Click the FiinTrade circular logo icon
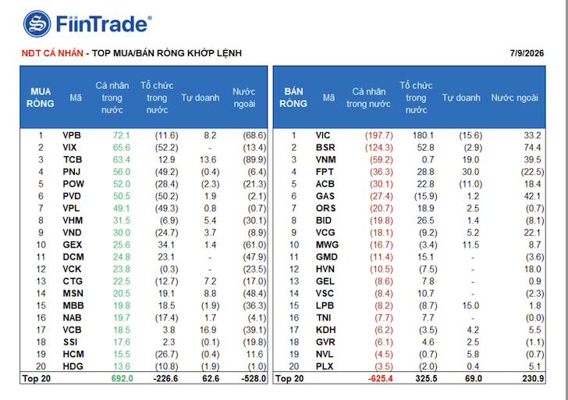coord(37,24)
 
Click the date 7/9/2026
coord(527,53)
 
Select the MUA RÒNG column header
coord(41,98)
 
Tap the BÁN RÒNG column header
coord(293,98)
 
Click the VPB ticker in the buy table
coord(72,136)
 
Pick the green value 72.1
coord(122,136)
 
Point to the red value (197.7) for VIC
coord(379,136)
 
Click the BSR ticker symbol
coord(325,148)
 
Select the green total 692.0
coord(122,379)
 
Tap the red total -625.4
coord(381,379)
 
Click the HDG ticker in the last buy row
coord(73,366)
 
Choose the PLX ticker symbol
coord(325,366)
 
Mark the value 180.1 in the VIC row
coord(423,136)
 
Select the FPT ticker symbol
coord(325,172)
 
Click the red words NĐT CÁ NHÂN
coord(52,53)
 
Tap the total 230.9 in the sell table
coord(533,379)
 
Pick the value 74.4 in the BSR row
coord(532,148)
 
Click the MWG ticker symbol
coord(327,245)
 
